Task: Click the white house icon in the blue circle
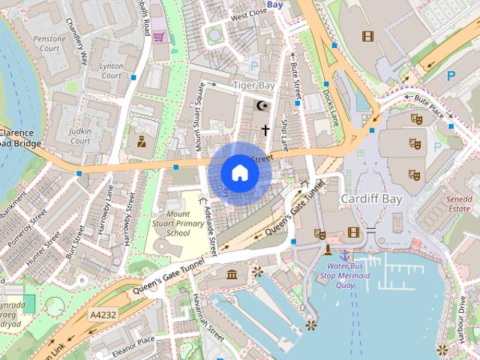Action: click(239, 172)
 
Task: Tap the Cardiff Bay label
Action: click(371, 199)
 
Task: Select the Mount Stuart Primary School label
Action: click(178, 223)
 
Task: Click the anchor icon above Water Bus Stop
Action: click(346, 256)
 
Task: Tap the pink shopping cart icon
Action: click(158, 36)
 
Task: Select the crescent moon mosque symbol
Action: click(262, 106)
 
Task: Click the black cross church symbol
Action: click(265, 130)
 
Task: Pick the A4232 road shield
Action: click(103, 314)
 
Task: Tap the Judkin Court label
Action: click(79, 135)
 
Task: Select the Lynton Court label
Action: click(111, 70)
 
